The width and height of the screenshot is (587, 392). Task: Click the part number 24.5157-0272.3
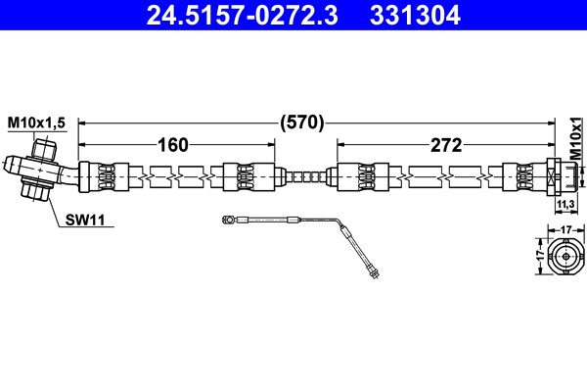coord(243,16)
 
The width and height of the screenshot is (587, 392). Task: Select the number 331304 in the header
coord(415,16)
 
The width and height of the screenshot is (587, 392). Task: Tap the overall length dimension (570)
coord(301,122)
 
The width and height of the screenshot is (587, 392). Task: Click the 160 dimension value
coord(173,145)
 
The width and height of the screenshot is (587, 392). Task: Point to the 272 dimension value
coord(446,145)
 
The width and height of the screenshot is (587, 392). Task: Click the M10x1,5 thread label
coord(37,122)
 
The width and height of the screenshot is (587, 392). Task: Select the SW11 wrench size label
coord(85,220)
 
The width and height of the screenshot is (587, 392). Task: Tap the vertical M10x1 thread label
coord(577,138)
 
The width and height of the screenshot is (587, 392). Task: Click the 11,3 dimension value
coord(565,205)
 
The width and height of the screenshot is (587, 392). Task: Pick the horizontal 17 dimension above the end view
coord(566,229)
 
